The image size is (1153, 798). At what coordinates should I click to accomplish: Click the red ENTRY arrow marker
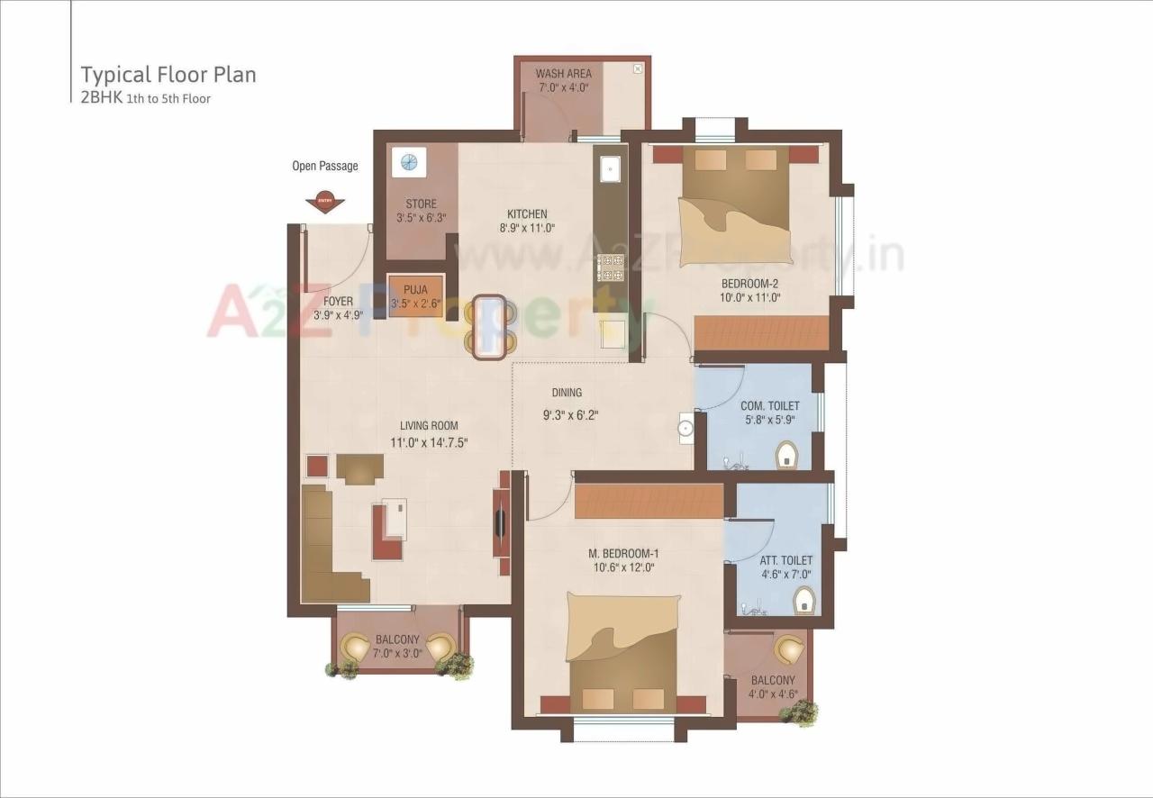[x=325, y=201]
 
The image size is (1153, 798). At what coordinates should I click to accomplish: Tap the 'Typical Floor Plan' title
[x=168, y=75]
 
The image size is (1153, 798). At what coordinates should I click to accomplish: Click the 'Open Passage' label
[x=324, y=166]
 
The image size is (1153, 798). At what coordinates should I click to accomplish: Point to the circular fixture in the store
[x=408, y=162]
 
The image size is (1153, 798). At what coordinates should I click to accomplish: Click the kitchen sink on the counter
[x=610, y=168]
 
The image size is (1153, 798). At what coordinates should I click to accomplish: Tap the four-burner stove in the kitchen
[x=610, y=268]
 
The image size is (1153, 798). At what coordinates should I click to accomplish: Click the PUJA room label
[x=416, y=289]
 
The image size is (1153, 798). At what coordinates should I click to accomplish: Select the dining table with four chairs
[x=491, y=327]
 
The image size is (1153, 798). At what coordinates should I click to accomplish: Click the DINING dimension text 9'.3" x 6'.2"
[x=570, y=415]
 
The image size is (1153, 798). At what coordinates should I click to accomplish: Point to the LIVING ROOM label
[x=429, y=426]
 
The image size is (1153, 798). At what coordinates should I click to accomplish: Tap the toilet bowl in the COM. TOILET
[x=787, y=455]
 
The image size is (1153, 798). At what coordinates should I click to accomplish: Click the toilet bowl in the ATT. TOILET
[x=803, y=601]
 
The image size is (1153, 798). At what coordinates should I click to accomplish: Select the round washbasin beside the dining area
[x=686, y=427]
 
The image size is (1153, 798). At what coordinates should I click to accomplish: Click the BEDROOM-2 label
[x=749, y=283]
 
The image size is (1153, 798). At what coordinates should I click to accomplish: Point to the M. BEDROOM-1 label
[x=624, y=553]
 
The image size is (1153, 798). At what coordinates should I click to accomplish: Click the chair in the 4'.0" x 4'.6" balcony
[x=789, y=648]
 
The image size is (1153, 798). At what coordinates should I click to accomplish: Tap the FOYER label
[x=339, y=302]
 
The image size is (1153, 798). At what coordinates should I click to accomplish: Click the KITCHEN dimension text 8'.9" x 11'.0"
[x=527, y=228]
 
